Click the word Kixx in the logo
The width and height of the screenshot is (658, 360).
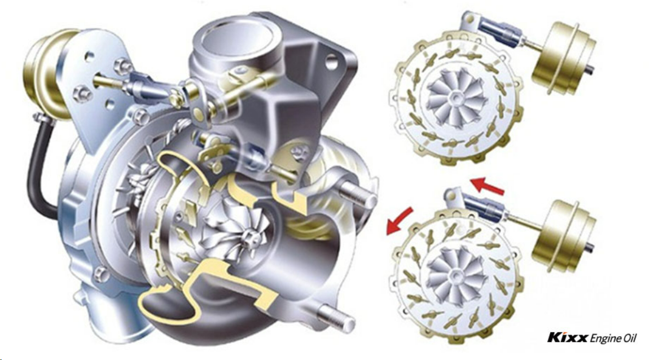pos(568,337)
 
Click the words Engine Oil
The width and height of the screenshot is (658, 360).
pos(613,338)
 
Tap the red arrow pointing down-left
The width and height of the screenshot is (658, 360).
pos(399,221)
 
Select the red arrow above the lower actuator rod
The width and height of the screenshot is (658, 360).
pos(487,186)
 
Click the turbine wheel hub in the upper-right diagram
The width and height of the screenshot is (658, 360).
pos(454,98)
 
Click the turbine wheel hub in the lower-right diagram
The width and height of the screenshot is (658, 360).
pos(455,275)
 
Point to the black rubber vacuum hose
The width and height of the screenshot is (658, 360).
pos(41,166)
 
